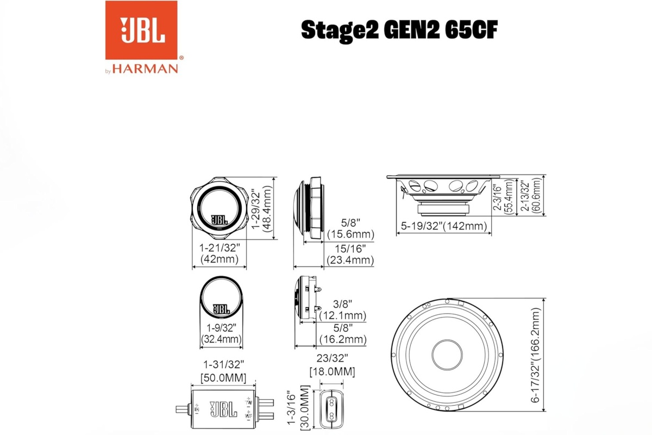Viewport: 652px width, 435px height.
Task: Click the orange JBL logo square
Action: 141,30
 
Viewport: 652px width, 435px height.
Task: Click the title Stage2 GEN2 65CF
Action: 398,30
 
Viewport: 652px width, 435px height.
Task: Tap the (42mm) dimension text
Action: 220,259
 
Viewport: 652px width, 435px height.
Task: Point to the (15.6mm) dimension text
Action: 351,234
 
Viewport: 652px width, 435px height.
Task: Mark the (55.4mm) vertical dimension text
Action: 509,198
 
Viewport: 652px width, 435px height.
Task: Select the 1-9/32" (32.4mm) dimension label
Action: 221,334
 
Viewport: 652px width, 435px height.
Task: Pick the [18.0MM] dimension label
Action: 332,372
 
